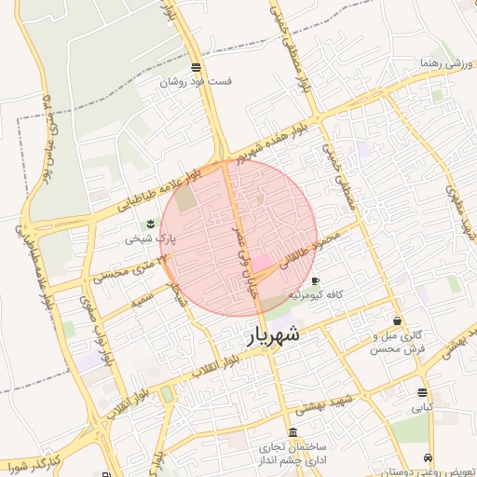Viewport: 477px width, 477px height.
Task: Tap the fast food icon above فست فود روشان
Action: pos(196,67)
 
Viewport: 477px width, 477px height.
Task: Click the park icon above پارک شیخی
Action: pos(149,224)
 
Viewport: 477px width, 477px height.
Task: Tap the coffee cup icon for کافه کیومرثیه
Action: pos(316,280)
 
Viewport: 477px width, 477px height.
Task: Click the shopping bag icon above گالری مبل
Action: pos(398,320)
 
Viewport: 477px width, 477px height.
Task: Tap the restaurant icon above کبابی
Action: pos(423,392)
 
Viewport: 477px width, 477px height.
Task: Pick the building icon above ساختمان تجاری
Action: pos(293,433)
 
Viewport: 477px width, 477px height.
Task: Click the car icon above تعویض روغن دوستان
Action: pos(428,457)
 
